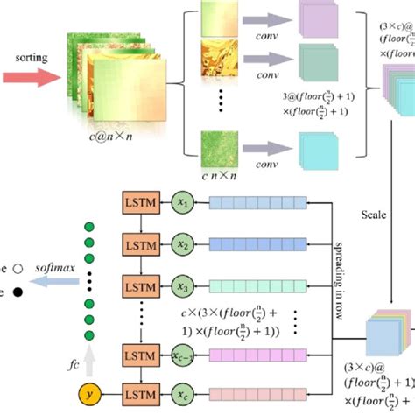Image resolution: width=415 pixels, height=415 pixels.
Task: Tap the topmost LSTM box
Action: [137, 203]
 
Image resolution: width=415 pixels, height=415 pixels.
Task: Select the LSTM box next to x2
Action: [137, 244]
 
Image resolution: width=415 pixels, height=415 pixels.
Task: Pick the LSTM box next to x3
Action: [137, 285]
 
